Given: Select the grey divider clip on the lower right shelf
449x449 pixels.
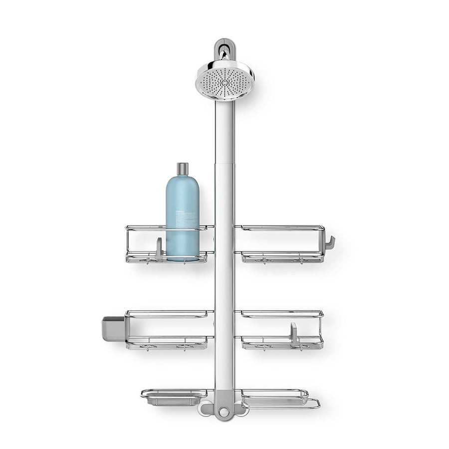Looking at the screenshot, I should (x=294, y=333).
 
